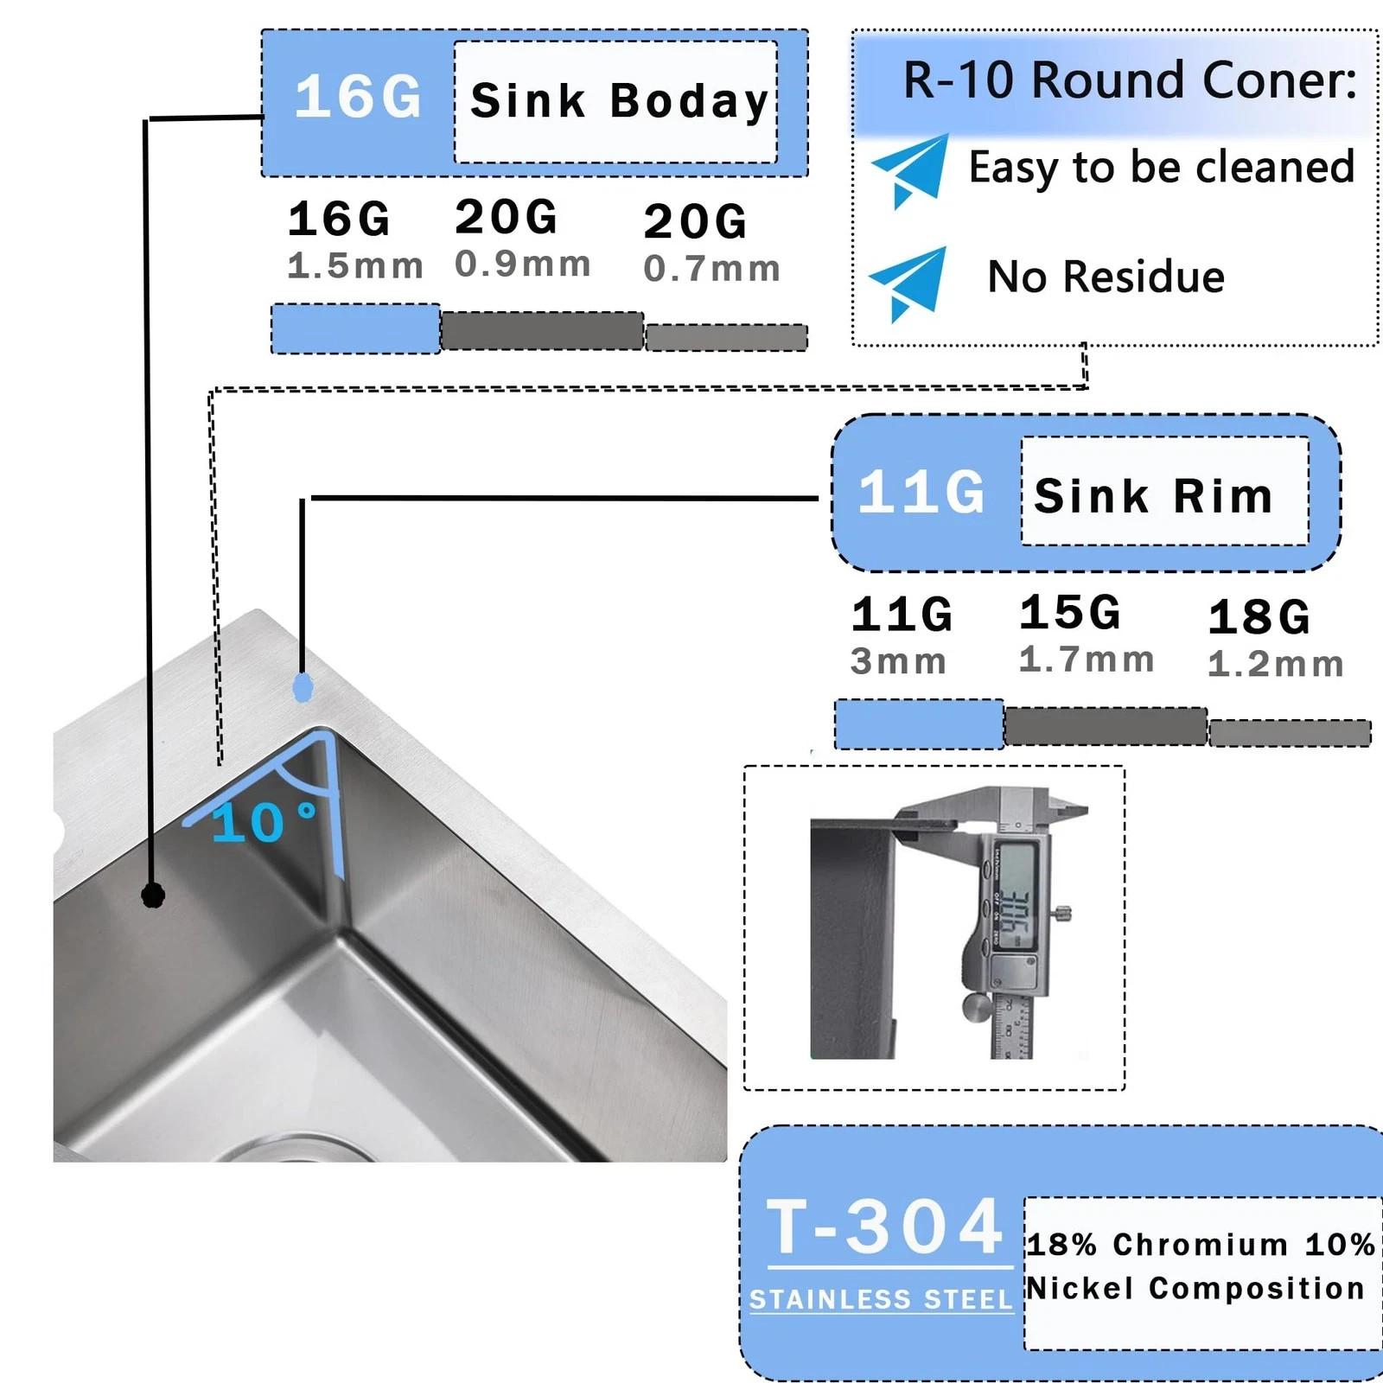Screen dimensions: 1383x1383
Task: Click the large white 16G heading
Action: click(x=358, y=97)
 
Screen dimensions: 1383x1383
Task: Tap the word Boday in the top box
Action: click(x=688, y=102)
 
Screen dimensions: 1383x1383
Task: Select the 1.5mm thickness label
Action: click(x=355, y=266)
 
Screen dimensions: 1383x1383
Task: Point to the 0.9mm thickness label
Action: click(x=523, y=264)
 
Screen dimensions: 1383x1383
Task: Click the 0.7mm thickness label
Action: click(x=711, y=269)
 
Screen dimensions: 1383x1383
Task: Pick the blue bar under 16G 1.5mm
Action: click(x=355, y=328)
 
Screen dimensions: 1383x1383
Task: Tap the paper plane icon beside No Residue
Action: click(x=908, y=282)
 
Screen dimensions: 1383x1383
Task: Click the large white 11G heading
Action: click(x=921, y=493)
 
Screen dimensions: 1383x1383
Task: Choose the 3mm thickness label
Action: click(x=898, y=662)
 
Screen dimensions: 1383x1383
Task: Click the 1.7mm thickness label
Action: click(x=1087, y=660)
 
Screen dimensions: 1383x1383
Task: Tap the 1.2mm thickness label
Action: click(x=1275, y=664)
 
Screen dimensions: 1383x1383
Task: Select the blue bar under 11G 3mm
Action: click(x=919, y=724)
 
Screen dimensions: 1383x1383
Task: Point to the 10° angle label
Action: click(x=263, y=822)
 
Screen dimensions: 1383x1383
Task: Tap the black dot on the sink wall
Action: click(x=153, y=895)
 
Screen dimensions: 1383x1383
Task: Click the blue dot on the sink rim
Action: click(x=303, y=688)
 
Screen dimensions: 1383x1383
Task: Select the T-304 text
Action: click(x=885, y=1227)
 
